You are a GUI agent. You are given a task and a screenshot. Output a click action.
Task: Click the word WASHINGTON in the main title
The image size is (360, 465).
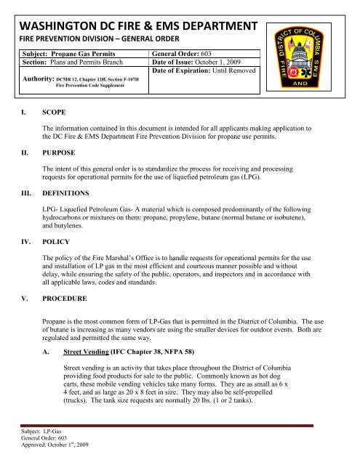click(x=60, y=28)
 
